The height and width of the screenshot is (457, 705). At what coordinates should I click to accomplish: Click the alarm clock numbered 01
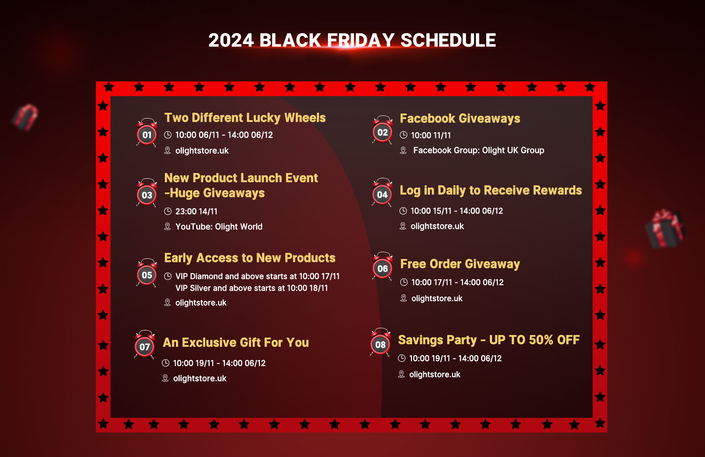147,133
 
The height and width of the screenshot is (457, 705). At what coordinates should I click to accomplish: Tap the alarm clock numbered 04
382,192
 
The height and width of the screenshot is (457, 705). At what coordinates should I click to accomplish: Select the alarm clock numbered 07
145,345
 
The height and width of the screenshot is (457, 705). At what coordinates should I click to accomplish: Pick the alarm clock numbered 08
380,342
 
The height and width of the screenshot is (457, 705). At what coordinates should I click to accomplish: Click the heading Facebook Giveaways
460,118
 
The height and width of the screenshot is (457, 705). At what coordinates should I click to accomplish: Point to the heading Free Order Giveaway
460,264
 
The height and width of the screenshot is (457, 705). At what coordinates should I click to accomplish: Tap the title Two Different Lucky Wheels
245,118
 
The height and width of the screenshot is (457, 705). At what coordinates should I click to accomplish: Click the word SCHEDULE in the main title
448,40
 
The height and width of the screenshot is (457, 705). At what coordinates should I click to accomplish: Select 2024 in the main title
231,40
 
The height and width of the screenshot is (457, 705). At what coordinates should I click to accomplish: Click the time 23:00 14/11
196,211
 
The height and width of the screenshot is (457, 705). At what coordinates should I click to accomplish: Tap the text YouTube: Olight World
219,227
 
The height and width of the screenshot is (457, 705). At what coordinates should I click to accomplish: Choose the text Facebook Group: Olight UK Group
479,150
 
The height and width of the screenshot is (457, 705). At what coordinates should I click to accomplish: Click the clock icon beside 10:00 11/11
404,135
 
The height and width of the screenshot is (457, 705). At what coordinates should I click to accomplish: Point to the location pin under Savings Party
401,374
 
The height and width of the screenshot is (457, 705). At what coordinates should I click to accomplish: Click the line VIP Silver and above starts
252,288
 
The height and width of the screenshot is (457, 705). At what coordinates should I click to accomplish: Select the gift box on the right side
665,228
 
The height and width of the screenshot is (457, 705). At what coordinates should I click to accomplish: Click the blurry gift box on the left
25,117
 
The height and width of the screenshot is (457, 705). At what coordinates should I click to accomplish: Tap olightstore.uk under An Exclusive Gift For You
200,378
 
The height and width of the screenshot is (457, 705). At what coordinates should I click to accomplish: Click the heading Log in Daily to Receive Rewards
491,190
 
